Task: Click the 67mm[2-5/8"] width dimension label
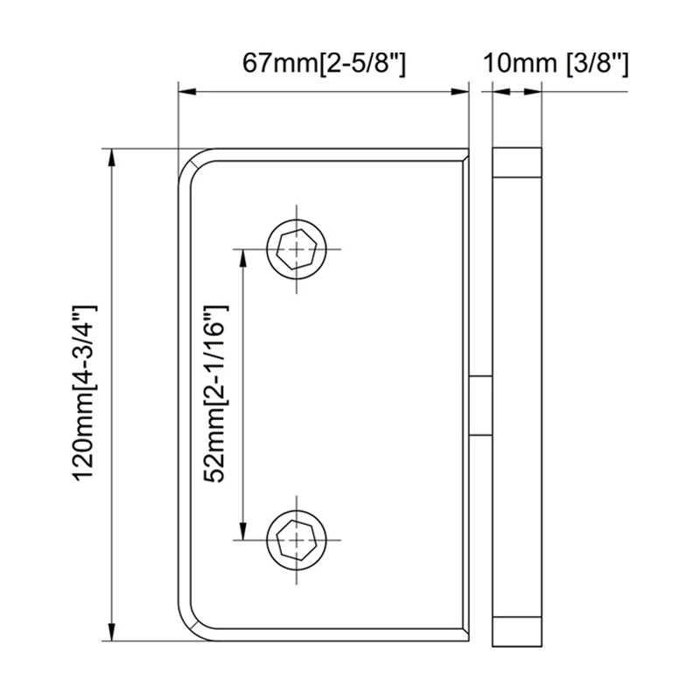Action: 324,63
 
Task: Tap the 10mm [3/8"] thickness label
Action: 556,63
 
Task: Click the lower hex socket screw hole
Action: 297,539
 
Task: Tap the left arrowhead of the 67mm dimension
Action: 185,90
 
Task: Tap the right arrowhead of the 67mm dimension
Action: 462,90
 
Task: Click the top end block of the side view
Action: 517,163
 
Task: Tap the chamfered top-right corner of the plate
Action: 465,155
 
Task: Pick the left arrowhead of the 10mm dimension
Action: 500,90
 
